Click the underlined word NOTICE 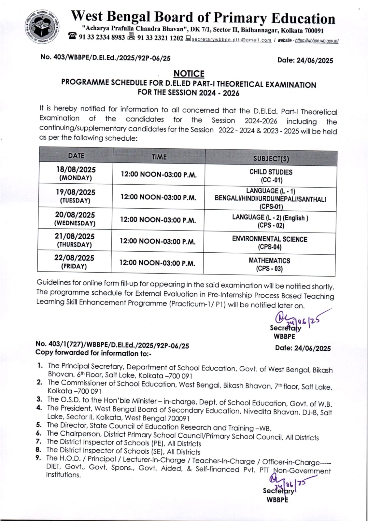click(x=189, y=74)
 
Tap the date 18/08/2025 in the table click(x=76, y=170)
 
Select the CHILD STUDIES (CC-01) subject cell click(x=271, y=176)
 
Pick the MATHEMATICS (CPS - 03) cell click(x=269, y=264)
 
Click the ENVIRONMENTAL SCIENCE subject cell click(x=270, y=243)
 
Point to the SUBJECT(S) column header click(x=271, y=159)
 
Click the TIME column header click(x=159, y=157)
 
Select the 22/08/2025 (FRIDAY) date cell click(x=74, y=262)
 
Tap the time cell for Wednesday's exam click(x=158, y=220)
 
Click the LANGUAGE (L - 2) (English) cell click(x=270, y=221)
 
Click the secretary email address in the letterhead click(x=231, y=40)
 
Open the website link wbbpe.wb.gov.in click(x=317, y=41)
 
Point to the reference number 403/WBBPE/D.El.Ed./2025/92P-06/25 click(x=106, y=58)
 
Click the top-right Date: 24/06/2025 click(x=305, y=60)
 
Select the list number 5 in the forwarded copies click(x=39, y=425)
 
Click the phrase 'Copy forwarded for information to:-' click(x=93, y=353)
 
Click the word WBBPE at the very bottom click(x=277, y=500)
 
